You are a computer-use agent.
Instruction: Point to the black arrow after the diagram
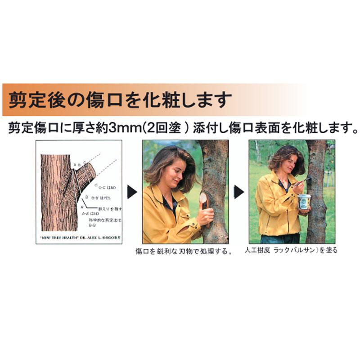tap(132, 192)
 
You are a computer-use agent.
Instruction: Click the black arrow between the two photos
tap(238, 192)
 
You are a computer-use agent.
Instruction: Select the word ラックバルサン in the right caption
tap(289, 250)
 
